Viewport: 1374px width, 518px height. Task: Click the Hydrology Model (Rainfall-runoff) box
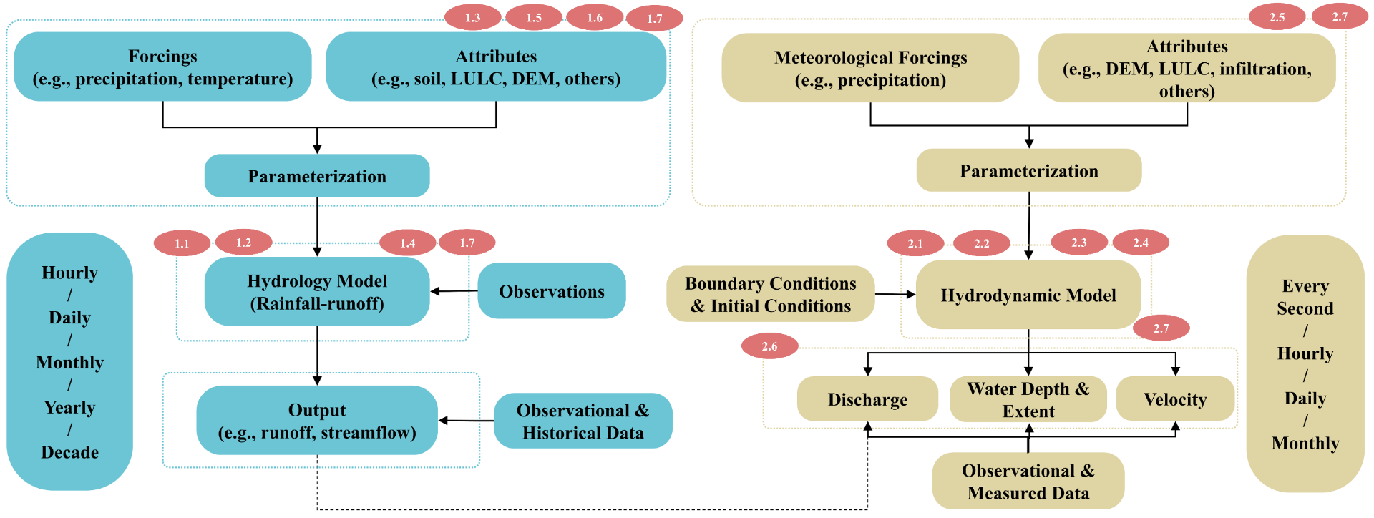pos(317,292)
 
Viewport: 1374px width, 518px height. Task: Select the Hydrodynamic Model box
pos(1028,295)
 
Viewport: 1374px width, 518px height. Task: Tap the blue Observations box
pos(551,291)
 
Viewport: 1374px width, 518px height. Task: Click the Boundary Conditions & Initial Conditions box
pos(770,294)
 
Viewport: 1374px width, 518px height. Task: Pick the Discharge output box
pos(867,399)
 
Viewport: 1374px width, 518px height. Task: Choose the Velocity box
pos(1175,399)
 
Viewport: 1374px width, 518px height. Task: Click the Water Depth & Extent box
pos(1028,399)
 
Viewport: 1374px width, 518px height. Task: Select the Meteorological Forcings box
pos(870,68)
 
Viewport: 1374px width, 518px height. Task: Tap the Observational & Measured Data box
pos(1028,481)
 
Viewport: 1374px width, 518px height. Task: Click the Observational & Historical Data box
pos(583,421)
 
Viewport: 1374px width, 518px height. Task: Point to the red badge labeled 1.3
pos(473,17)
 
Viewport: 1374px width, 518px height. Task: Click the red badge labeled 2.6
pos(769,346)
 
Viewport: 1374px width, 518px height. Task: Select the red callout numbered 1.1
pos(182,243)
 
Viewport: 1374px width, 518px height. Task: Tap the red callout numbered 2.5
pos(1277,17)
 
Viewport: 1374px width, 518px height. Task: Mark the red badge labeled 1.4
pos(407,243)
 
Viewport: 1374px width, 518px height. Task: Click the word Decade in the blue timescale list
pos(69,452)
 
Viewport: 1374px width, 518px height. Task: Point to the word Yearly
pos(69,407)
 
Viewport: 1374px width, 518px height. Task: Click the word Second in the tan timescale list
pos(1305,308)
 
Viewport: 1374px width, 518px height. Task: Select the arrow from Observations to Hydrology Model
pos(454,291)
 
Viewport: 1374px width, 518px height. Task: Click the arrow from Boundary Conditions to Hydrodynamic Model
pos(895,294)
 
